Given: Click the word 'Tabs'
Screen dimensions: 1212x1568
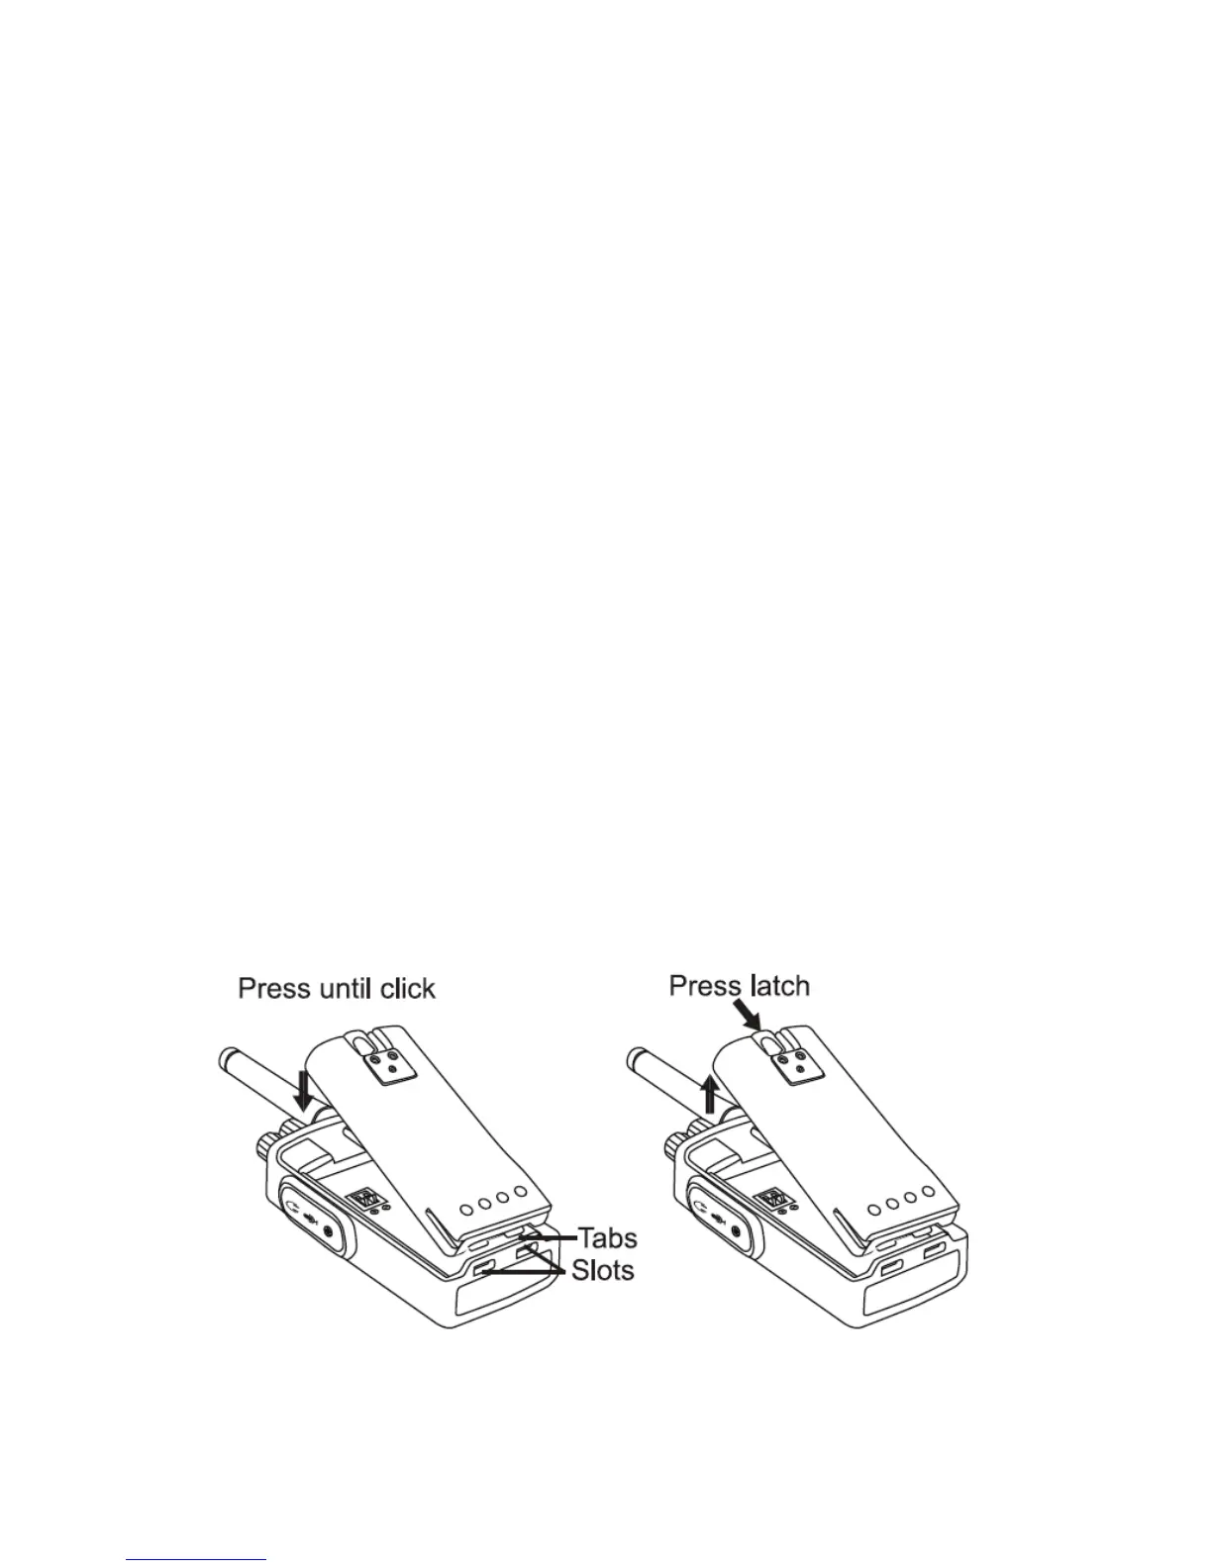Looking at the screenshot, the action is click(x=607, y=1238).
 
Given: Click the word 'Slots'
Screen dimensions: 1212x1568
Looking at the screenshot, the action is click(x=602, y=1270).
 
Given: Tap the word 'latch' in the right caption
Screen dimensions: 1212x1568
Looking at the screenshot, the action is click(x=776, y=986).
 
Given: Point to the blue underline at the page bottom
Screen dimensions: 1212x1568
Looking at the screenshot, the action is click(x=197, y=1560).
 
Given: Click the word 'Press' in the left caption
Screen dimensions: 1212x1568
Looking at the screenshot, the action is click(x=272, y=989).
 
